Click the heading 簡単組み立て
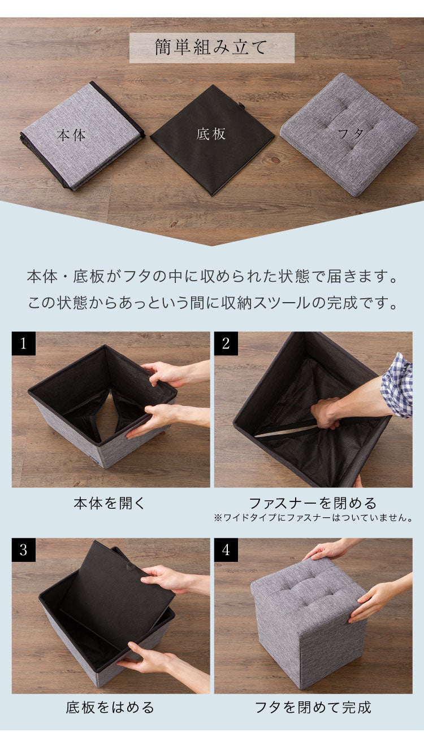click(x=211, y=48)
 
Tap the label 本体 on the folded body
click(x=71, y=136)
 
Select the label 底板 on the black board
click(x=211, y=134)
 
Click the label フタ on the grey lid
click(x=351, y=134)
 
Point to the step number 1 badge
click(x=24, y=344)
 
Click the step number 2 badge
click(x=226, y=344)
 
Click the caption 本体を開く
click(x=110, y=504)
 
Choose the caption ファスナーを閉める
click(x=313, y=503)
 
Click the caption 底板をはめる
click(x=110, y=708)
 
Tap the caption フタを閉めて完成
click(x=313, y=708)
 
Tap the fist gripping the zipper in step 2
click(x=325, y=414)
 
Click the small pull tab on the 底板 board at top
click(x=241, y=106)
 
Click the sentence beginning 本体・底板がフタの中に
click(x=211, y=278)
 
